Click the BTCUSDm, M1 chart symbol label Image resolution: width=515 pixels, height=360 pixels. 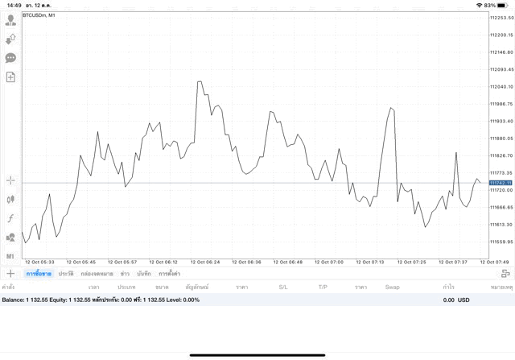pos(39,14)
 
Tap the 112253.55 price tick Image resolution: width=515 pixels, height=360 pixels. pos(502,18)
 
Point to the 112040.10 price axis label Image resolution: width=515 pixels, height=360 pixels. pos(502,87)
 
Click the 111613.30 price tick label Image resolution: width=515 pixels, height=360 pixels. pos(502,225)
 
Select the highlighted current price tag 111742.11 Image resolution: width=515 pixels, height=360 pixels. pos(502,183)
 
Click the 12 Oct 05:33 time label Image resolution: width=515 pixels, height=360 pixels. pos(40,262)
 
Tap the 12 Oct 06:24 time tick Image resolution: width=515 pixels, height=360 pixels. pos(205,262)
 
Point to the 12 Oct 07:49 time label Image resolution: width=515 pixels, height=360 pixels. pos(493,262)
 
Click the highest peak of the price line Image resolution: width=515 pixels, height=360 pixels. pos(198,81)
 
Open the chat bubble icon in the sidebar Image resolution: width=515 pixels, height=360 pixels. pos(10,58)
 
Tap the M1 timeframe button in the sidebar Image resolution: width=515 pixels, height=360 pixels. pos(10,256)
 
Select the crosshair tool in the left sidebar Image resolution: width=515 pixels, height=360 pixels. pos(10,180)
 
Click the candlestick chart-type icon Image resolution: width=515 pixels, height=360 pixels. pos(10,199)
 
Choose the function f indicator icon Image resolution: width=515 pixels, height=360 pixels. pos(10,218)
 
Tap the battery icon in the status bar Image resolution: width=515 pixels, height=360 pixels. pos(505,6)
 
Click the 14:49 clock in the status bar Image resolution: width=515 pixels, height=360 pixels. pos(13,6)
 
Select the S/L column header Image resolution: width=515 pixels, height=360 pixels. pos(283,287)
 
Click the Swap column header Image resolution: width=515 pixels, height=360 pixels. pos(392,287)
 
